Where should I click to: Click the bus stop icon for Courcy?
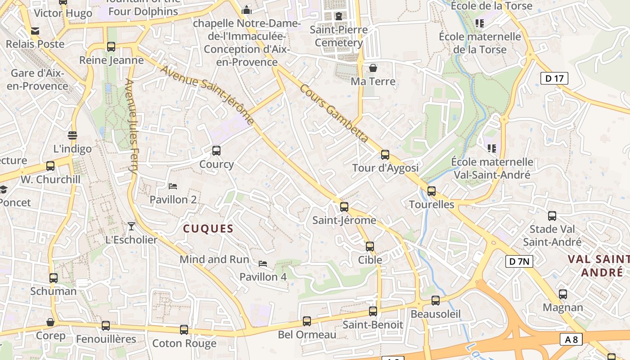[x=216, y=151]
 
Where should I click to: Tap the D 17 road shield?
[x=554, y=79]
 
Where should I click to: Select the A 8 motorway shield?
[x=571, y=339]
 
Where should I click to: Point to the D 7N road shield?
[x=519, y=261]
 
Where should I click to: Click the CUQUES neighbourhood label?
[x=208, y=229]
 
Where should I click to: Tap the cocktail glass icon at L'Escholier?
[x=131, y=226]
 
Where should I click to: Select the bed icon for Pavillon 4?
[x=263, y=263]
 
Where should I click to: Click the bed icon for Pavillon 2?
[x=173, y=186]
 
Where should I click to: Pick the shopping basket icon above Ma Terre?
[x=373, y=68]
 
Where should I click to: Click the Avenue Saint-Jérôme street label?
[x=207, y=95]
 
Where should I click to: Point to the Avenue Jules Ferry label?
[x=131, y=126]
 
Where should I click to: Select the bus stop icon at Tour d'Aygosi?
[x=385, y=155]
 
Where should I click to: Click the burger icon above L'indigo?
[x=72, y=135]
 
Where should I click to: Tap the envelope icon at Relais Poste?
[x=35, y=31]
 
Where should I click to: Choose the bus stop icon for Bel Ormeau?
[x=307, y=321]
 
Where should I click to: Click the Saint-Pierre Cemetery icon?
[x=338, y=16]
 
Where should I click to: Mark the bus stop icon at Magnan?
[x=563, y=294]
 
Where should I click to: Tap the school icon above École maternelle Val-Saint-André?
[x=491, y=148]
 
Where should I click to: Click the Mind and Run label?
[x=214, y=259]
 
